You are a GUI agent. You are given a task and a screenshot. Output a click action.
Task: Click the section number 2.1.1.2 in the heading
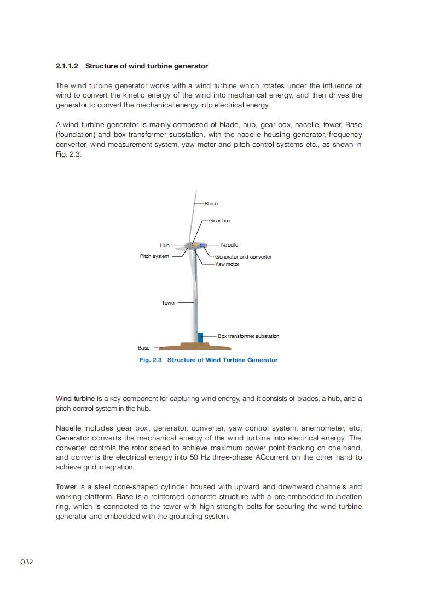click(x=67, y=66)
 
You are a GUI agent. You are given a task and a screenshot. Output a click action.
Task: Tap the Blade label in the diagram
click(x=211, y=204)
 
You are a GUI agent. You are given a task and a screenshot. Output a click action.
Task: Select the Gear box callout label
click(x=220, y=221)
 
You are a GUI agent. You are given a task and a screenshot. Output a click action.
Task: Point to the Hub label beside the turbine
click(x=165, y=245)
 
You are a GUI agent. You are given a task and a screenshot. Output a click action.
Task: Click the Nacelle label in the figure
click(x=229, y=245)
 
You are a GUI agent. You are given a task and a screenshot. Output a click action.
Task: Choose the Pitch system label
click(x=154, y=256)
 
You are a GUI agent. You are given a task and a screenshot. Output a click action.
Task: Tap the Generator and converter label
click(x=243, y=257)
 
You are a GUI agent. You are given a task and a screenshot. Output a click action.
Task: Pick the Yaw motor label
click(x=227, y=264)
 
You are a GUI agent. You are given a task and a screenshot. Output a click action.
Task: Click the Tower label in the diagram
click(x=169, y=303)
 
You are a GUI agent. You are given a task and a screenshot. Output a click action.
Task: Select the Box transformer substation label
click(x=248, y=336)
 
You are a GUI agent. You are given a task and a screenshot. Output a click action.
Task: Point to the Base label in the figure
click(x=143, y=348)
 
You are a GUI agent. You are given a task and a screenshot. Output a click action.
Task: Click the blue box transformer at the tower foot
click(x=201, y=337)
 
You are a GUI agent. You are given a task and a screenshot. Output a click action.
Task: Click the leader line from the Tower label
click(x=186, y=302)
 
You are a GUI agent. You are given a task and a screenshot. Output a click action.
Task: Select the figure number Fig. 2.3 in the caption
click(x=151, y=360)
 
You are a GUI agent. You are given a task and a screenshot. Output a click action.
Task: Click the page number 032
click(x=27, y=562)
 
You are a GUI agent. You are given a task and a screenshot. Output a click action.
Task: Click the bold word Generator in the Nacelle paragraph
click(x=73, y=438)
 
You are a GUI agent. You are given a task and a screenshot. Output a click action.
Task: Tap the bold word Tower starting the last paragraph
click(x=66, y=487)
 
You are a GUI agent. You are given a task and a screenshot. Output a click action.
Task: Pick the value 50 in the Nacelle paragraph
click(x=196, y=457)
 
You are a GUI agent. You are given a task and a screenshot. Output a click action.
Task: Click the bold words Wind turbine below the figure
click(x=76, y=399)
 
